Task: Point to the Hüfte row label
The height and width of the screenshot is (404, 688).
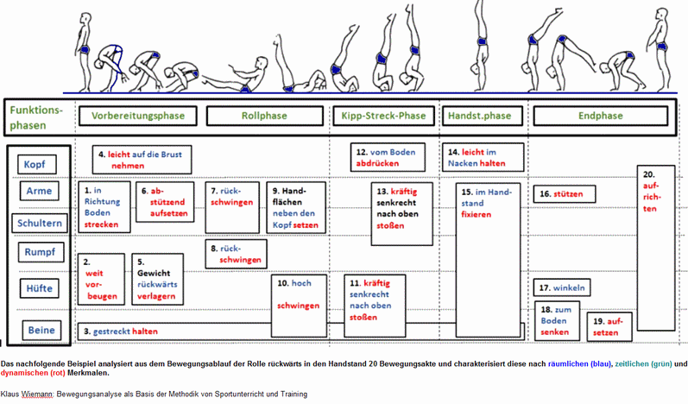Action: (40, 287)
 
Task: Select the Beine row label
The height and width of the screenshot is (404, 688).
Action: (40, 330)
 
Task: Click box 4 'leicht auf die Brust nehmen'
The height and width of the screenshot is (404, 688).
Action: (142, 159)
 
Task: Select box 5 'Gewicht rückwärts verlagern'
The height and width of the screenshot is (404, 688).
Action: (157, 278)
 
